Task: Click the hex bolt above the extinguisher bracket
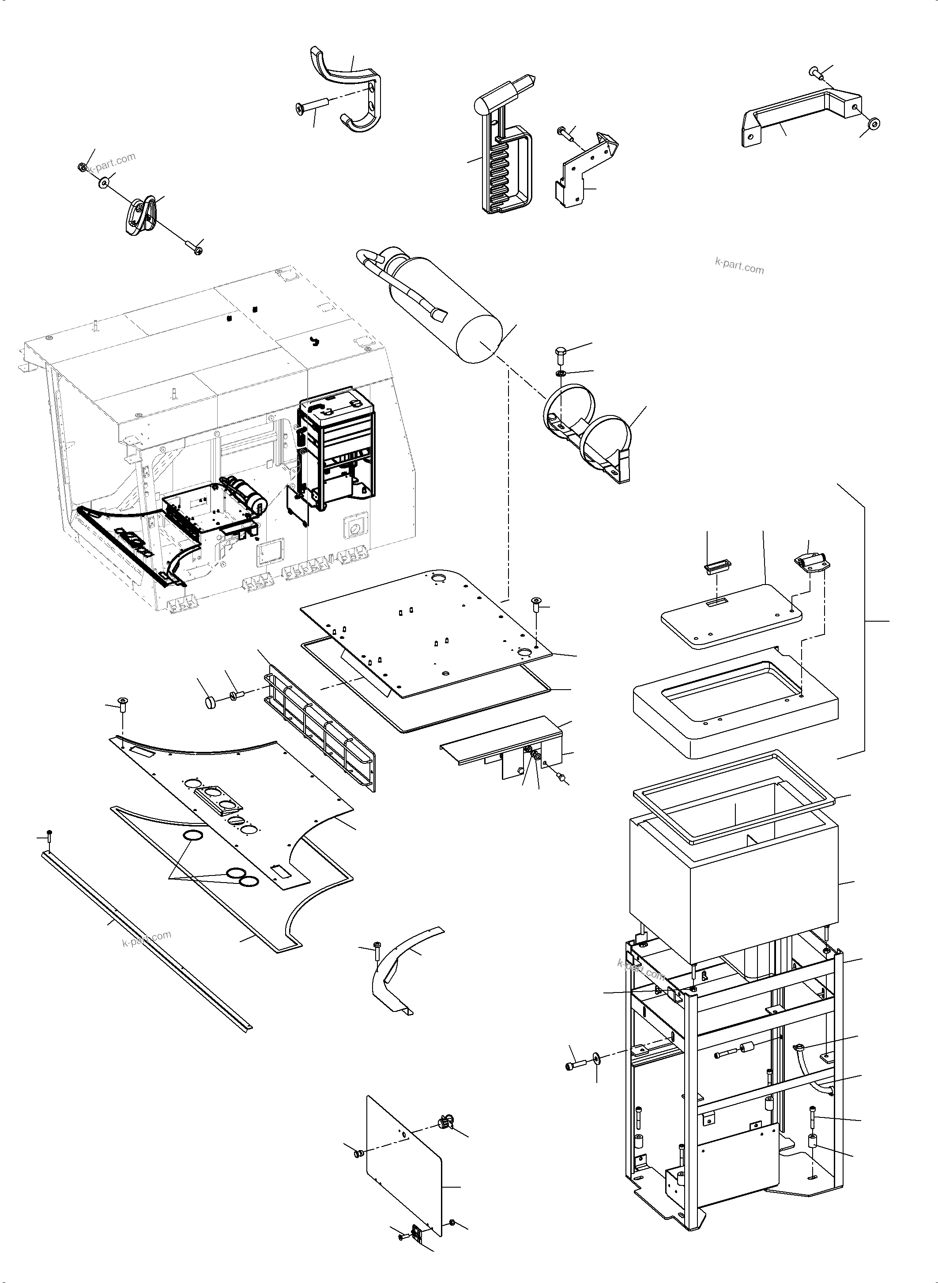click(559, 351)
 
